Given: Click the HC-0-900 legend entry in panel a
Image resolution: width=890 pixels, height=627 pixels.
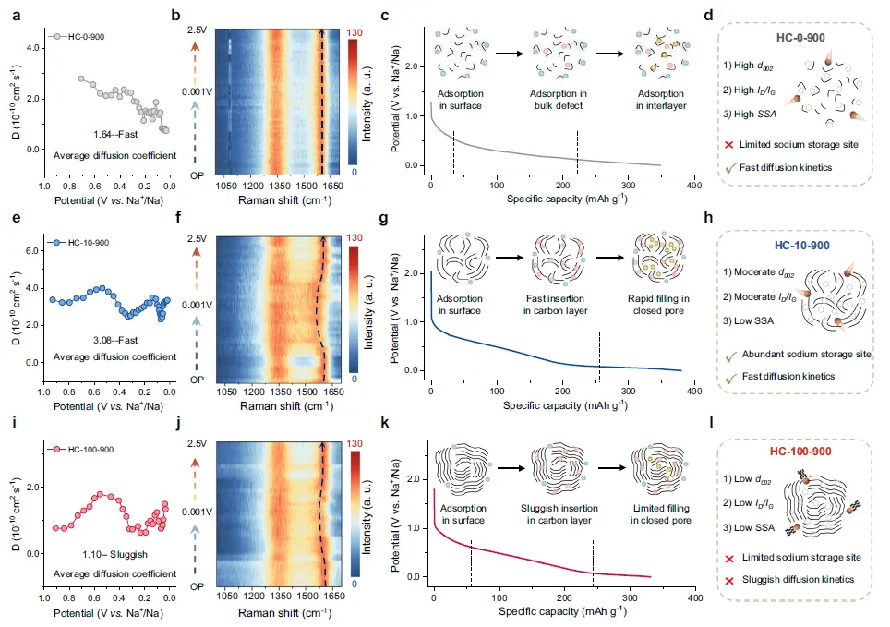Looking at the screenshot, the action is click(77, 37).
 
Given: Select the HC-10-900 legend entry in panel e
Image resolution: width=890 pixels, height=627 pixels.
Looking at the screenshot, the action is click(78, 243).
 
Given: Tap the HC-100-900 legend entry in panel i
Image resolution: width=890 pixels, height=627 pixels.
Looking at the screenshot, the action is click(80, 449).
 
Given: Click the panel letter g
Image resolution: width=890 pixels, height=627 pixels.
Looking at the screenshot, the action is click(384, 218).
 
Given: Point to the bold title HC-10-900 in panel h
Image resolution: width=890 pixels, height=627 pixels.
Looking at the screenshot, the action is click(801, 246).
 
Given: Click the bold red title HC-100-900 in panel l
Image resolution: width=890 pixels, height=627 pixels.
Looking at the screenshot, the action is click(800, 452).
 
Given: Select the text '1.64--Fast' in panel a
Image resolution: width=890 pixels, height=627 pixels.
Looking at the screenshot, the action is click(115, 135).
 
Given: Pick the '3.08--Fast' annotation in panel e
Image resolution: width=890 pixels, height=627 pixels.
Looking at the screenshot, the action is click(115, 340).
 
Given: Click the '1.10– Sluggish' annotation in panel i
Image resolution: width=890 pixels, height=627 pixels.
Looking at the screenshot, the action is click(114, 554).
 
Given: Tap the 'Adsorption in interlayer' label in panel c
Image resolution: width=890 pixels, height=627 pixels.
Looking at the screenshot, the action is click(661, 100).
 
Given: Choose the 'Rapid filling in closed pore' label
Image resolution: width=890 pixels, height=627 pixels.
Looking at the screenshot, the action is click(658, 305).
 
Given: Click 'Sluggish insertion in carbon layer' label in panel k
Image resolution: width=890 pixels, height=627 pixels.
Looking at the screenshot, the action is click(559, 514).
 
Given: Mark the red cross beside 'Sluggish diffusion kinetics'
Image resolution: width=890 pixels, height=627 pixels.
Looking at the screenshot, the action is click(729, 581).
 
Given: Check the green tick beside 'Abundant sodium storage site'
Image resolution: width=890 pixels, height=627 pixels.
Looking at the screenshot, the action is click(731, 356).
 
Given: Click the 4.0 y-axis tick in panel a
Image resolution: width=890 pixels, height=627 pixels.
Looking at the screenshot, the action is click(33, 48).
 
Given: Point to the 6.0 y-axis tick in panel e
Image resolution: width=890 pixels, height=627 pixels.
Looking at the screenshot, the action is click(32, 250).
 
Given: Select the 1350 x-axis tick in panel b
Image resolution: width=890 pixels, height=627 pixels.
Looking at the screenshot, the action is click(279, 186).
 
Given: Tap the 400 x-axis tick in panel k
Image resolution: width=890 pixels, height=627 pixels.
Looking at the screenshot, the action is click(695, 597).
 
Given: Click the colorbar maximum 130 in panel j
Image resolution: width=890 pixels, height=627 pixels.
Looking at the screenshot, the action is click(355, 443).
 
